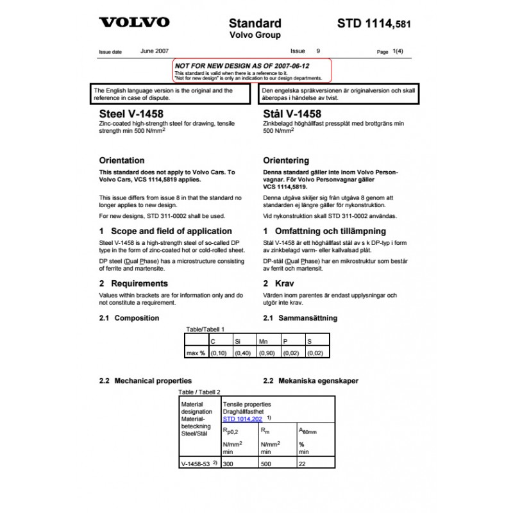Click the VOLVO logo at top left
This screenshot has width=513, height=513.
[x=133, y=22]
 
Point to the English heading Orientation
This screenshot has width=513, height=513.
[x=122, y=160]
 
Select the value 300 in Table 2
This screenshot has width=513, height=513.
[x=229, y=462]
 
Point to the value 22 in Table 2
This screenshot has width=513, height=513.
[x=303, y=462]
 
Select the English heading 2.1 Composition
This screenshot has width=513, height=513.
[x=129, y=318]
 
